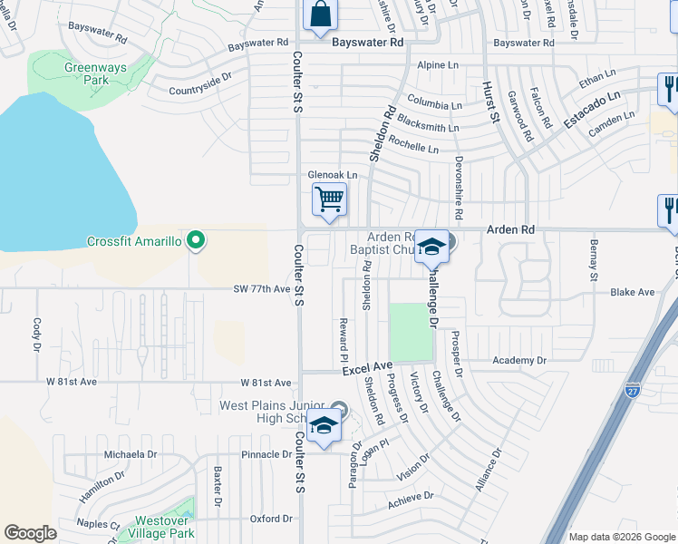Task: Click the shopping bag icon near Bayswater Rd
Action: (320, 15)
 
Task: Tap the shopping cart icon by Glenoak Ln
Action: (329, 199)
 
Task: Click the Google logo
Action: (30, 533)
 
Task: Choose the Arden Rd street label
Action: (510, 230)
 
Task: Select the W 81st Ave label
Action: (266, 383)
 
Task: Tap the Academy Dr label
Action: (520, 360)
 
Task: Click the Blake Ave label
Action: (632, 292)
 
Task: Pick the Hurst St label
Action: (490, 100)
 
